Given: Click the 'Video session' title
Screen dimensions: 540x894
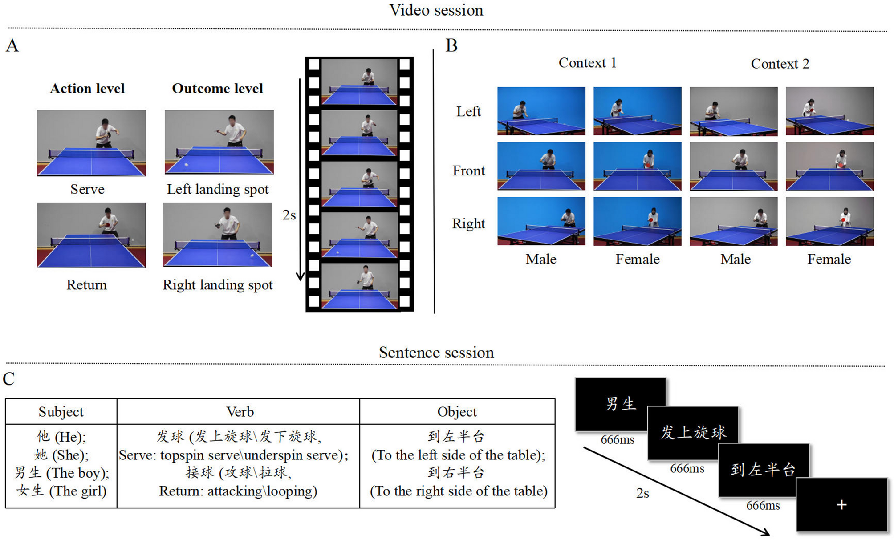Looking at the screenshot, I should coord(436,10).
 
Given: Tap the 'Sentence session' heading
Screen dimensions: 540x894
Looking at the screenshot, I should coord(436,353).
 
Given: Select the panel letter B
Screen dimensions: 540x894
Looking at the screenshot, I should coord(451,45).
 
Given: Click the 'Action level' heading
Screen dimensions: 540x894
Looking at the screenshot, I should coord(87,89).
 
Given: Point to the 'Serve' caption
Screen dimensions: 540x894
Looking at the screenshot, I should coord(87,189).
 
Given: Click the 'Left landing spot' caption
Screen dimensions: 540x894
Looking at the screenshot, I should coord(218,189).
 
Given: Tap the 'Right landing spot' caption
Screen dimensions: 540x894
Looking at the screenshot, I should coord(218,285).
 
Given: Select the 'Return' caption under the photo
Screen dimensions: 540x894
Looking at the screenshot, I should coord(87,285).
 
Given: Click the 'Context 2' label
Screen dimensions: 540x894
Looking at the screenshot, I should coord(780,64).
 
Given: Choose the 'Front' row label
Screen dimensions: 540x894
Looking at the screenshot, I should coord(468,171).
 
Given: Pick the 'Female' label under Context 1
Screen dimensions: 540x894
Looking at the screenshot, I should coord(638,259).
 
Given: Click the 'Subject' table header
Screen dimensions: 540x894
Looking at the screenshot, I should coord(61,412).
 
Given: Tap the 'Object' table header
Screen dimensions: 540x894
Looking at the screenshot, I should coord(457,412).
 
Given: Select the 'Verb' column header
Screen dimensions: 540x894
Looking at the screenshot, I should coord(240,412).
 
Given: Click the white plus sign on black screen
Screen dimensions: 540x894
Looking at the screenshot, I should coord(841,505).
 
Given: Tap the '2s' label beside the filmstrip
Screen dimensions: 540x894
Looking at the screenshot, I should coord(289,215).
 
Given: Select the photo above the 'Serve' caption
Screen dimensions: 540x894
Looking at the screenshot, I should coord(91,143).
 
